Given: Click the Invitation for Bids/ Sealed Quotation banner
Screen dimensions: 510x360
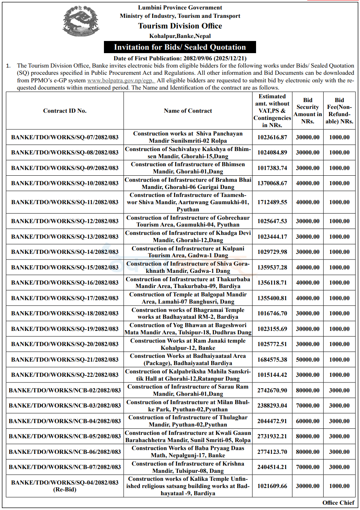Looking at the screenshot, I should coord(180,47).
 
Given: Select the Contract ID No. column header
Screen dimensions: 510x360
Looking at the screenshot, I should coord(65,111).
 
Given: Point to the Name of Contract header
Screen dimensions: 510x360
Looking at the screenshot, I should coord(188,111).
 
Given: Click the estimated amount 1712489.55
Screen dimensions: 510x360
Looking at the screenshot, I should coord(272,202).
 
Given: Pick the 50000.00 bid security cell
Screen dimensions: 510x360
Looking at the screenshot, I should coord(308,359).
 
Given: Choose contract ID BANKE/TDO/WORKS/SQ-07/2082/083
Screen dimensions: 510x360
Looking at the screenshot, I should coord(65,137).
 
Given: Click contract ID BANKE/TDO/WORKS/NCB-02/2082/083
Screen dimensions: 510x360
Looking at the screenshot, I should coord(65,390).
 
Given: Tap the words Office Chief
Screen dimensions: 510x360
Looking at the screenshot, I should coord(338,503).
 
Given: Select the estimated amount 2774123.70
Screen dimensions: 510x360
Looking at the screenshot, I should coord(272,452).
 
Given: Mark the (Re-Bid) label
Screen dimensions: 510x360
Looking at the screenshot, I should coord(65,490).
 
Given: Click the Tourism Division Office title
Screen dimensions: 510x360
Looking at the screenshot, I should coord(180,26).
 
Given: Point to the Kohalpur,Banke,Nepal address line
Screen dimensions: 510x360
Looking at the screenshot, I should coord(180,36).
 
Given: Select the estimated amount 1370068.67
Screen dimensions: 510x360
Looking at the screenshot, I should coord(272,183).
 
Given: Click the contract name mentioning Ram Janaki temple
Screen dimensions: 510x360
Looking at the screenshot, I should coord(188,344).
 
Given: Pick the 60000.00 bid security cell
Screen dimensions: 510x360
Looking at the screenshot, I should coord(308,421).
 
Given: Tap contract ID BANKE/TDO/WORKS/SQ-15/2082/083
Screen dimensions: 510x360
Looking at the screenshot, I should coord(65,267).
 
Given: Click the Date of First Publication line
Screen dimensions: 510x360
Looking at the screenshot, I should coord(180,58).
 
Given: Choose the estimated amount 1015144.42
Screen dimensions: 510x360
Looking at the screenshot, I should coord(272,375).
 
